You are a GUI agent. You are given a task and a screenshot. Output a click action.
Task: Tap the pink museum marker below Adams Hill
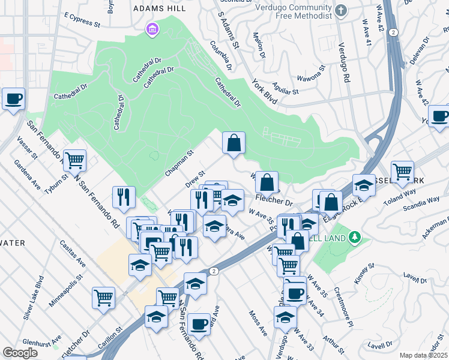pos(152,29)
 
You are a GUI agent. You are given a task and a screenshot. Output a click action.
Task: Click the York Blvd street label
pos(265,92)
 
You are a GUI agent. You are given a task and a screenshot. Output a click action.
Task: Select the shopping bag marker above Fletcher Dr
pos(268,182)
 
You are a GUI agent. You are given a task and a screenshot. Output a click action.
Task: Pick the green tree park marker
pos(355,238)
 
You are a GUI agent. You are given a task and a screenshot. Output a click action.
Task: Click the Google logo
pos(20,353)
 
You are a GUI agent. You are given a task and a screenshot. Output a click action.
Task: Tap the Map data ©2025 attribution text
pos(423,355)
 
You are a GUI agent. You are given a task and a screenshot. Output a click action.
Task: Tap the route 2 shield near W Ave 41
pos(392,31)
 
